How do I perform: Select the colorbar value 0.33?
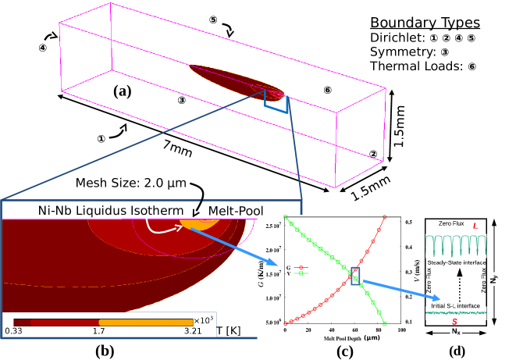point(14,332)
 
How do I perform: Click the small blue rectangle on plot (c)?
point(355,276)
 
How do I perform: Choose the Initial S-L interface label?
point(454,305)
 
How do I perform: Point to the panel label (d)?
point(457,350)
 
